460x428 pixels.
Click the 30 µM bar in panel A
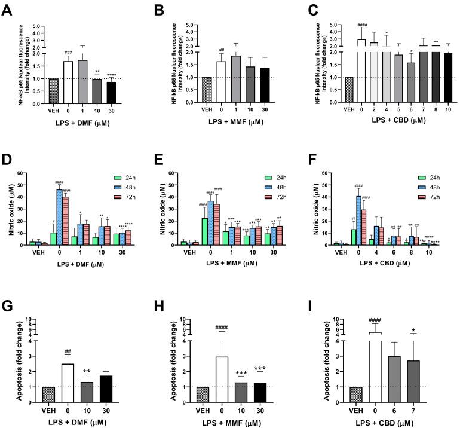tap(111, 92)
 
